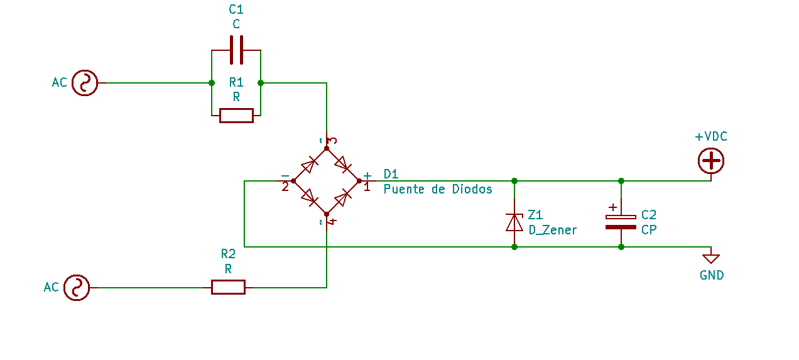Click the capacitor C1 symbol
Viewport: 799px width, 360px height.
236,50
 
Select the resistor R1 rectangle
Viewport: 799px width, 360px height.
236,116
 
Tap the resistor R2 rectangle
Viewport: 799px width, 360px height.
228,287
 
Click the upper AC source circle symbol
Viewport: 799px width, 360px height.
85,83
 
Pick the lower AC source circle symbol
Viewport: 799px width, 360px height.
77,288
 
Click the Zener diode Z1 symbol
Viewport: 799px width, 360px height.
514,222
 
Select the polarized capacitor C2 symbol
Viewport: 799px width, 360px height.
621,221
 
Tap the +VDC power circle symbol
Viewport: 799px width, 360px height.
711,161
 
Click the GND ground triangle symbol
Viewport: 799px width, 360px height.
711,258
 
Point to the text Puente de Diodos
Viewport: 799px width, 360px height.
438,189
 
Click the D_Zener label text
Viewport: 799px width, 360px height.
552,230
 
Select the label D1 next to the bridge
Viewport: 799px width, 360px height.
391,174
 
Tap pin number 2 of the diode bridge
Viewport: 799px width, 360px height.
285,187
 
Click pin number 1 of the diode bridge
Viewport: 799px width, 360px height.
367,187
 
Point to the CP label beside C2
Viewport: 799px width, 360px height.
649,230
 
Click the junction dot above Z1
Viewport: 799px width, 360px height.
514,181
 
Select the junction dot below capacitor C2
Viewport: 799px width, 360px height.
621,247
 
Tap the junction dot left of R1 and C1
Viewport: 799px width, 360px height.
212,83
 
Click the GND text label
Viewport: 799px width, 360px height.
712,275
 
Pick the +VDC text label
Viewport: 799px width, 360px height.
711,136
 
